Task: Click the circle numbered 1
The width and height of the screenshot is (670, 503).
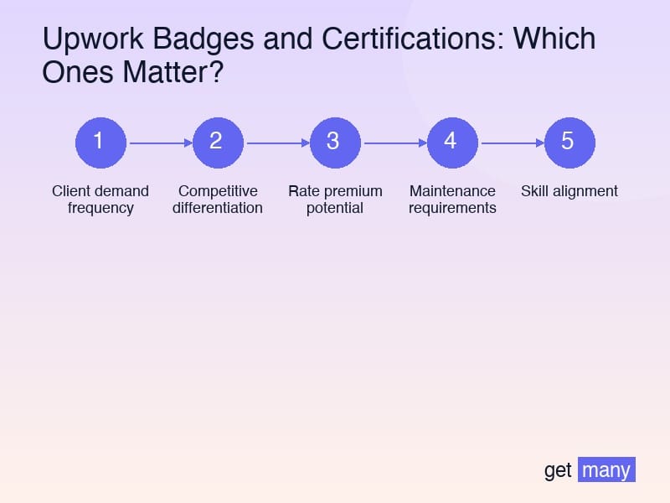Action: click(100, 142)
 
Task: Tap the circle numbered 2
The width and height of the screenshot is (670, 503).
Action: click(218, 142)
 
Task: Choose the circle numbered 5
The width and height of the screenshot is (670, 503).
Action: click(569, 142)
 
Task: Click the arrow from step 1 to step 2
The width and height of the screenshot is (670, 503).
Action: click(159, 143)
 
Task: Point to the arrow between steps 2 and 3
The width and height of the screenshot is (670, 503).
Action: click(276, 143)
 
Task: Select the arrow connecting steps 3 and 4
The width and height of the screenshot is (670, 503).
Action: click(394, 143)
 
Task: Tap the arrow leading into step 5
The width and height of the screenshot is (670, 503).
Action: click(511, 143)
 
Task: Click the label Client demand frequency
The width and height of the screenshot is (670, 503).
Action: click(100, 200)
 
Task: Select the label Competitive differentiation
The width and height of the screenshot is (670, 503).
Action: click(218, 200)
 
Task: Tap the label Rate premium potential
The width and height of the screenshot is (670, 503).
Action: click(335, 200)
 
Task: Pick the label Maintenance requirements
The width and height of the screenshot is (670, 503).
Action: click(452, 200)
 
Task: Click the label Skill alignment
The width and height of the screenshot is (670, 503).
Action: click(569, 191)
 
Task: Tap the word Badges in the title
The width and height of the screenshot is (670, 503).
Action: click(197, 39)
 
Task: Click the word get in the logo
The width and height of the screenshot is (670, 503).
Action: click(558, 470)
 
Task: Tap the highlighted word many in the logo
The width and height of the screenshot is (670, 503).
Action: click(606, 470)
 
